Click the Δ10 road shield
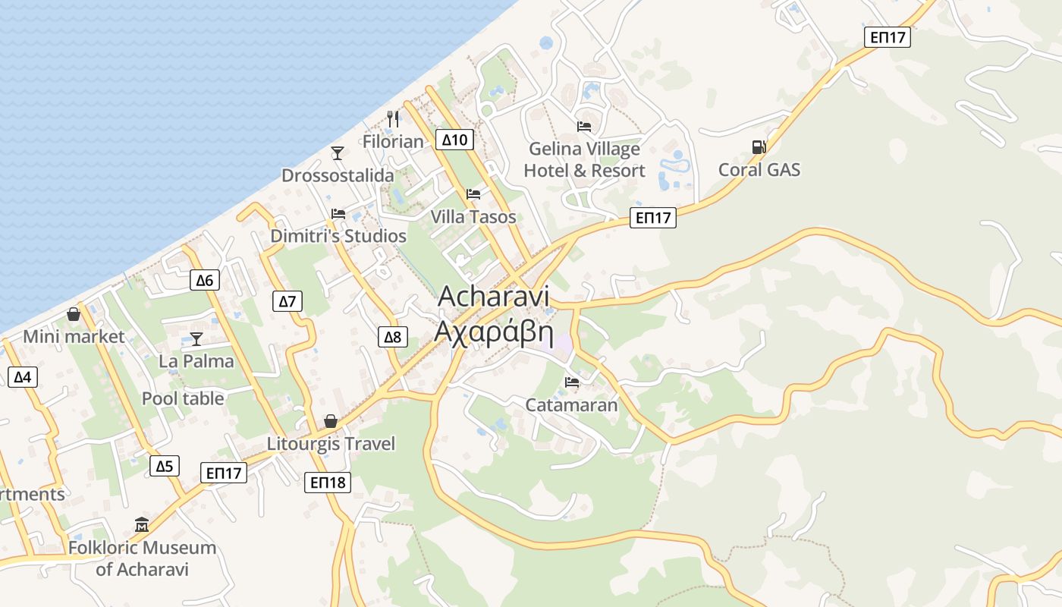click(x=455, y=140)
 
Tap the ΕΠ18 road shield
click(x=328, y=482)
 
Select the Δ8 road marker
click(x=393, y=337)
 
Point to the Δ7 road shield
click(x=287, y=301)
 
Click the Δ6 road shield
click(x=205, y=280)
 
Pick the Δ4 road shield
click(x=22, y=376)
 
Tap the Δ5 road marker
click(x=165, y=466)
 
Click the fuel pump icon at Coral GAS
click(x=758, y=146)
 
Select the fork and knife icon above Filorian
click(x=393, y=118)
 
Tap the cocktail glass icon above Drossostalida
click(x=338, y=153)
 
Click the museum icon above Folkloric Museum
click(x=142, y=524)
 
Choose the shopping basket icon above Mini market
click(x=74, y=313)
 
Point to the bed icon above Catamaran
click(x=572, y=382)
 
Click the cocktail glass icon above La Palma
click(x=196, y=338)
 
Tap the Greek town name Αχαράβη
click(x=493, y=332)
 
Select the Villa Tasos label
click(x=473, y=217)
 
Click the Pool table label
click(x=183, y=398)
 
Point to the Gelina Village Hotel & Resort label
click(x=584, y=160)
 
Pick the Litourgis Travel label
click(x=331, y=444)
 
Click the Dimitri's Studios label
click(x=338, y=236)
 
